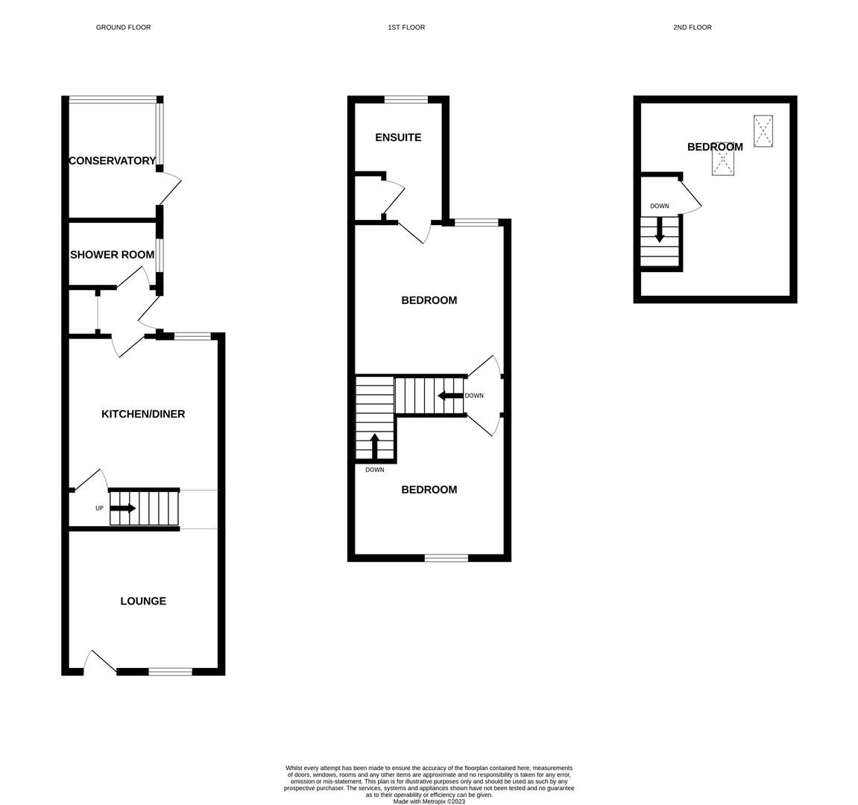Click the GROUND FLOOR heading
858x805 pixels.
123,28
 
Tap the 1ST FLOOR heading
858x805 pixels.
406,28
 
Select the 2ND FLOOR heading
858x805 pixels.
692,28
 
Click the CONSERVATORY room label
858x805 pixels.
113,160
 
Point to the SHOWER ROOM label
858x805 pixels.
112,254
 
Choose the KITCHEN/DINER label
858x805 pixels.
143,414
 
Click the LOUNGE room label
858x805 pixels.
143,601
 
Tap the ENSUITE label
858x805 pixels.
398,137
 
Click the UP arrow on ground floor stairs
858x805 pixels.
123,508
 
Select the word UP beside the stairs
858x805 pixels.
99,508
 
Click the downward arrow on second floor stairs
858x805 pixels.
660,230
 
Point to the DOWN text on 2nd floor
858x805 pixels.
659,206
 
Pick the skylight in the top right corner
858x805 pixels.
763,131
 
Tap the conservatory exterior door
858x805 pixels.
169,187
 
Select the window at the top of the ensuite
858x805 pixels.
406,99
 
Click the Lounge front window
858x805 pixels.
170,672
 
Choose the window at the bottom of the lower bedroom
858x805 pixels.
447,558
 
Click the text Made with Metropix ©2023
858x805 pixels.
429,801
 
